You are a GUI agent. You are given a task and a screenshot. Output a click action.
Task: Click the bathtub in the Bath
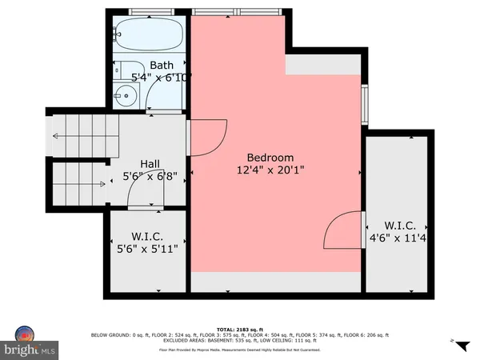147,35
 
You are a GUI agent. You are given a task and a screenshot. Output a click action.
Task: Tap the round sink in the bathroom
122,97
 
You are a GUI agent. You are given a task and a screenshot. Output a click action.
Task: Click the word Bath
161,65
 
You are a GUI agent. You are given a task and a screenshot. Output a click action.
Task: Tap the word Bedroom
270,158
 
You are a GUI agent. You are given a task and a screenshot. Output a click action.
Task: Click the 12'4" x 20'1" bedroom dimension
270,170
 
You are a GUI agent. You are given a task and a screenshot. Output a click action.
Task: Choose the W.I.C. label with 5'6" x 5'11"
149,236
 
